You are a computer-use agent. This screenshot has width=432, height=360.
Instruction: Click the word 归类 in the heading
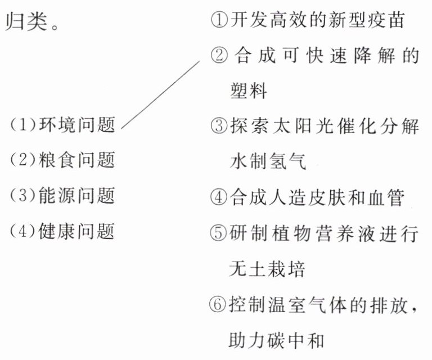click(x=25, y=23)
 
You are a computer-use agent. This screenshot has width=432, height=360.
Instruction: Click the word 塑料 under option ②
click(x=248, y=91)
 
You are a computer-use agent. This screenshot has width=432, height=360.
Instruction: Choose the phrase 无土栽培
click(x=267, y=268)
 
